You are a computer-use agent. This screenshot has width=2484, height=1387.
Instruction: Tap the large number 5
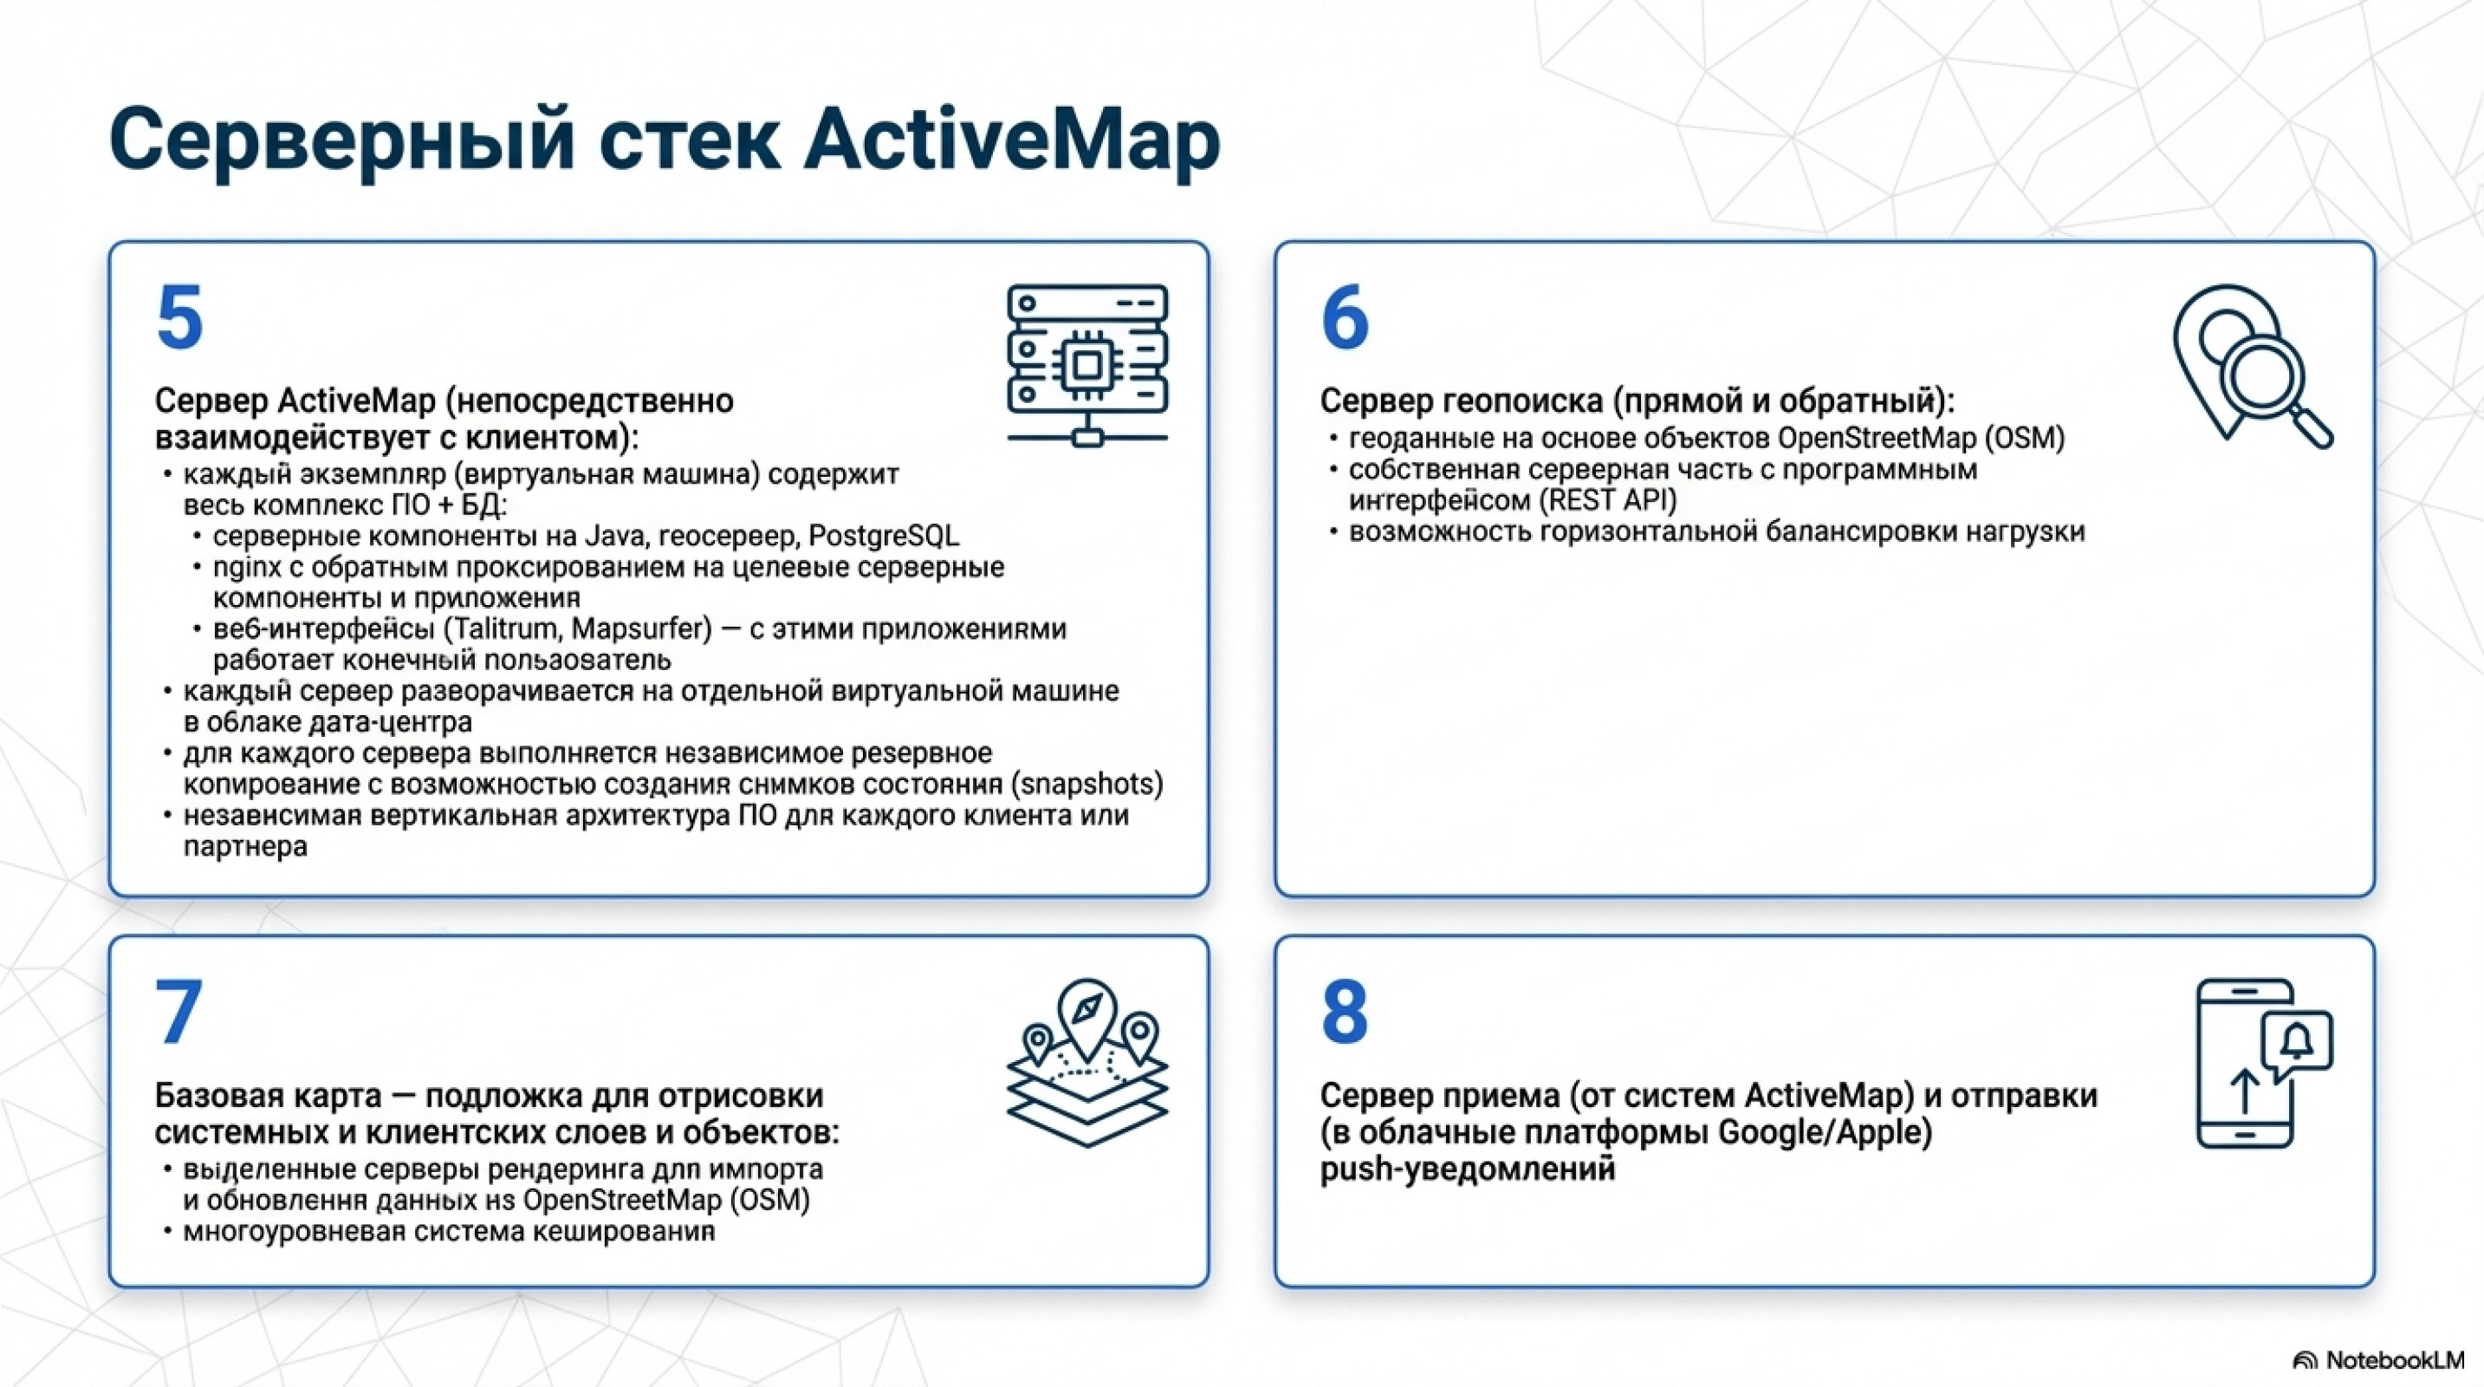(179, 317)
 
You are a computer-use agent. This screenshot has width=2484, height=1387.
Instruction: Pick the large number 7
(179, 1011)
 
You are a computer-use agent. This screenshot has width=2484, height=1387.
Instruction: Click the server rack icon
(1087, 366)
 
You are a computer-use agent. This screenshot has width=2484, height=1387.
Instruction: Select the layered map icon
(1087, 1063)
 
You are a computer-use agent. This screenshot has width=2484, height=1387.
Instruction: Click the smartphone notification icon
(2264, 1063)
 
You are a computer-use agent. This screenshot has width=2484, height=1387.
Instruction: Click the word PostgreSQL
(883, 537)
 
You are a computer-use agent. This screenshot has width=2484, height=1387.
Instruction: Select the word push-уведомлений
(1467, 1170)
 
